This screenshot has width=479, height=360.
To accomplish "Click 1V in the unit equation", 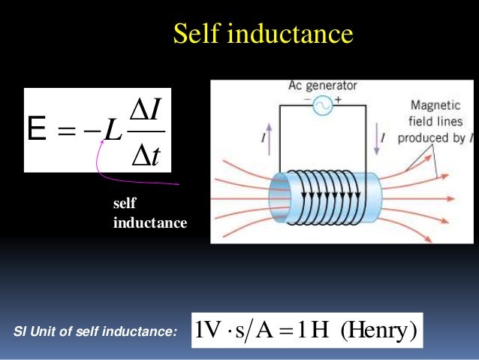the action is pyautogui.click(x=206, y=328).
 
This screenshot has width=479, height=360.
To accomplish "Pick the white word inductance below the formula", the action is pyautogui.click(x=149, y=222).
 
